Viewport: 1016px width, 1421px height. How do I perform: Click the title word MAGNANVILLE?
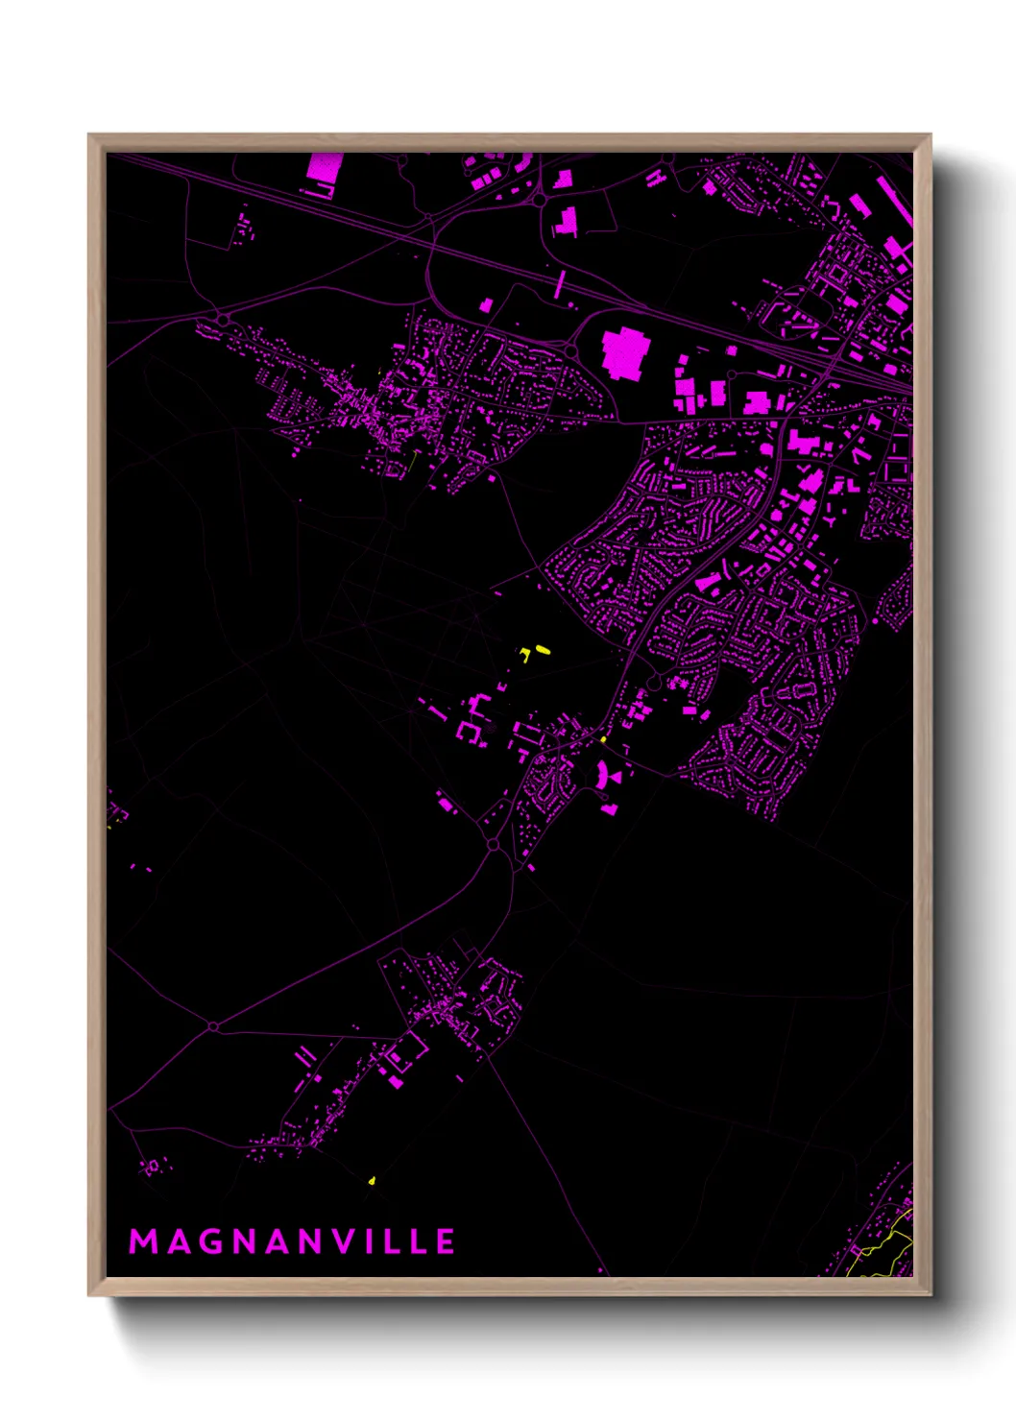(x=292, y=1241)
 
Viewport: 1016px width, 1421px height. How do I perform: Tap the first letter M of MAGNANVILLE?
(x=142, y=1241)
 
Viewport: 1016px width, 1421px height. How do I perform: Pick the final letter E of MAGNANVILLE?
(x=446, y=1241)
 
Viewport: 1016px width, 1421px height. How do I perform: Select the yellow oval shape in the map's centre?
(x=543, y=650)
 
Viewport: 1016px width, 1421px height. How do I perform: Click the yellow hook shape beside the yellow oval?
(x=525, y=656)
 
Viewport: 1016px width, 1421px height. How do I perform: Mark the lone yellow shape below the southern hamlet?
(x=372, y=1180)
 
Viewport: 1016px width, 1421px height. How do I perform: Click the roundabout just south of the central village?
(x=494, y=845)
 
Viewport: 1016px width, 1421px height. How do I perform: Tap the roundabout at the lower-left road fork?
(x=213, y=1027)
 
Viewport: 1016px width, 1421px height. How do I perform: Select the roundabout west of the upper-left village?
(x=223, y=320)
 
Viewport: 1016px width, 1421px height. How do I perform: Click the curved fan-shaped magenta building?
(x=602, y=774)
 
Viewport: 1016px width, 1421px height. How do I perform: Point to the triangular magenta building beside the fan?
(x=617, y=775)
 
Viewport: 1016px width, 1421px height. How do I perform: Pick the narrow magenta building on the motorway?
(x=561, y=283)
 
